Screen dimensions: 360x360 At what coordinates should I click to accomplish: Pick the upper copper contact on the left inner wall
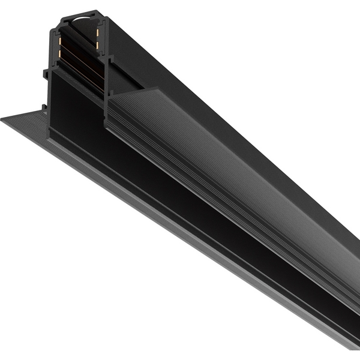tap(59, 35)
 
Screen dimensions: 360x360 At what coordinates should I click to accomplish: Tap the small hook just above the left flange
tap(44, 107)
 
